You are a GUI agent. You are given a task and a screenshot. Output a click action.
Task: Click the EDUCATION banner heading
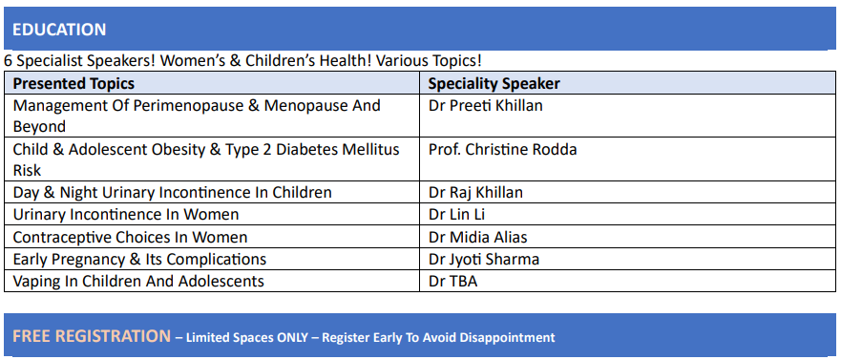pyautogui.click(x=59, y=30)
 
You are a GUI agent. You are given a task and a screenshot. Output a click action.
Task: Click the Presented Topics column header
pyautogui.click(x=74, y=84)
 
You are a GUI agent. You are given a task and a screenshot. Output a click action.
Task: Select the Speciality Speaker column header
pyautogui.click(x=494, y=84)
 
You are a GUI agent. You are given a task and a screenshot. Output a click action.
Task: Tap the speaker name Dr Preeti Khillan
pyautogui.click(x=485, y=106)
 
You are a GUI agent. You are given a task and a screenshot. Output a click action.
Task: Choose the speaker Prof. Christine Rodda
pyautogui.click(x=502, y=150)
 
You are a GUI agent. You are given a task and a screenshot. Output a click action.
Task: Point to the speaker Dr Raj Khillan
pyautogui.click(x=475, y=193)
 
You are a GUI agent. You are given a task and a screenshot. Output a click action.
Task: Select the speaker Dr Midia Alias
pyautogui.click(x=477, y=237)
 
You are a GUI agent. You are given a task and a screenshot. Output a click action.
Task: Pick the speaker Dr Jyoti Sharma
pyautogui.click(x=483, y=259)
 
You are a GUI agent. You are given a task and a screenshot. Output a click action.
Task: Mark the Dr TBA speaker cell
pyautogui.click(x=452, y=281)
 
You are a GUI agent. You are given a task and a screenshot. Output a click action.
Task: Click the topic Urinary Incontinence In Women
pyautogui.click(x=126, y=215)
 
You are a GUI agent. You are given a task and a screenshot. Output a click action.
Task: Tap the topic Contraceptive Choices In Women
pyautogui.click(x=130, y=237)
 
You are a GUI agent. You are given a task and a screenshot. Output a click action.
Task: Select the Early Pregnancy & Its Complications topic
pyautogui.click(x=139, y=259)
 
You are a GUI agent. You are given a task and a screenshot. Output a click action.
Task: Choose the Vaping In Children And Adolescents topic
pyautogui.click(x=138, y=281)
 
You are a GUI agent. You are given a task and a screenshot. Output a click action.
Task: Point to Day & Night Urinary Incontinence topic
pyautogui.click(x=172, y=193)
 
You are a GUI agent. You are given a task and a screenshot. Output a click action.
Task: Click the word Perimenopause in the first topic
pyautogui.click(x=189, y=106)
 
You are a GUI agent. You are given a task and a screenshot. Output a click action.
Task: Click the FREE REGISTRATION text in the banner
pyautogui.click(x=92, y=336)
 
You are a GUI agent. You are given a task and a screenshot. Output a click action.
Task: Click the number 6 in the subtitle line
pyautogui.click(x=8, y=60)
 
